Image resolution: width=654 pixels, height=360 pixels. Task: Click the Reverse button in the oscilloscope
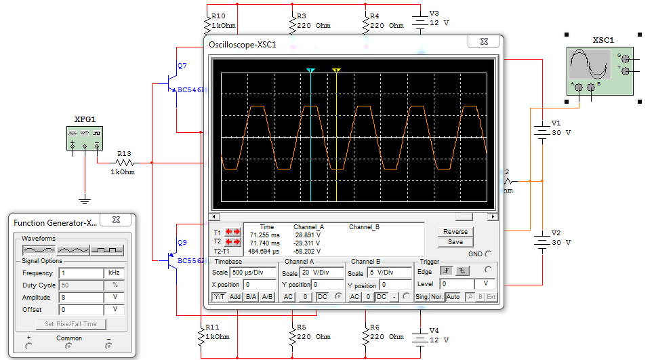click(455, 232)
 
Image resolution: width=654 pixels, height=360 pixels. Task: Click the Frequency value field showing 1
click(79, 273)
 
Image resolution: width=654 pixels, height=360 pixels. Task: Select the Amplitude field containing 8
click(79, 298)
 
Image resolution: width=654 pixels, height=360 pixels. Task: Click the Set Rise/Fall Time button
click(70, 323)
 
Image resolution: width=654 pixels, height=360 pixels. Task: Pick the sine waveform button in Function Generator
click(37, 250)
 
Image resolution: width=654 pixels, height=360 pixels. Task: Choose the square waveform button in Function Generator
click(107, 250)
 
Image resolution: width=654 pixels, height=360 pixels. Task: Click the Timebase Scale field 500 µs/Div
click(253, 273)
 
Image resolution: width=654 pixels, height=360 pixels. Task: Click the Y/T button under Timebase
click(220, 297)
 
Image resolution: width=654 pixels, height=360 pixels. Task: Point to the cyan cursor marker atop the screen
click(310, 71)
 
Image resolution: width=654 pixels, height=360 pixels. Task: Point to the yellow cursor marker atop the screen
click(336, 71)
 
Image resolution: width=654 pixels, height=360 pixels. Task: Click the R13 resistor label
click(123, 154)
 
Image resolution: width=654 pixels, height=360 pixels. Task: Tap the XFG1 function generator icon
click(85, 138)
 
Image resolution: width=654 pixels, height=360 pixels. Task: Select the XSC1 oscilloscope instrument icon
click(600, 71)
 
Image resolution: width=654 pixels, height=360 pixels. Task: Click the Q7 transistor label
click(182, 66)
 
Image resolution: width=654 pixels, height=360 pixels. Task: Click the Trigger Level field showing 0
click(457, 284)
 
